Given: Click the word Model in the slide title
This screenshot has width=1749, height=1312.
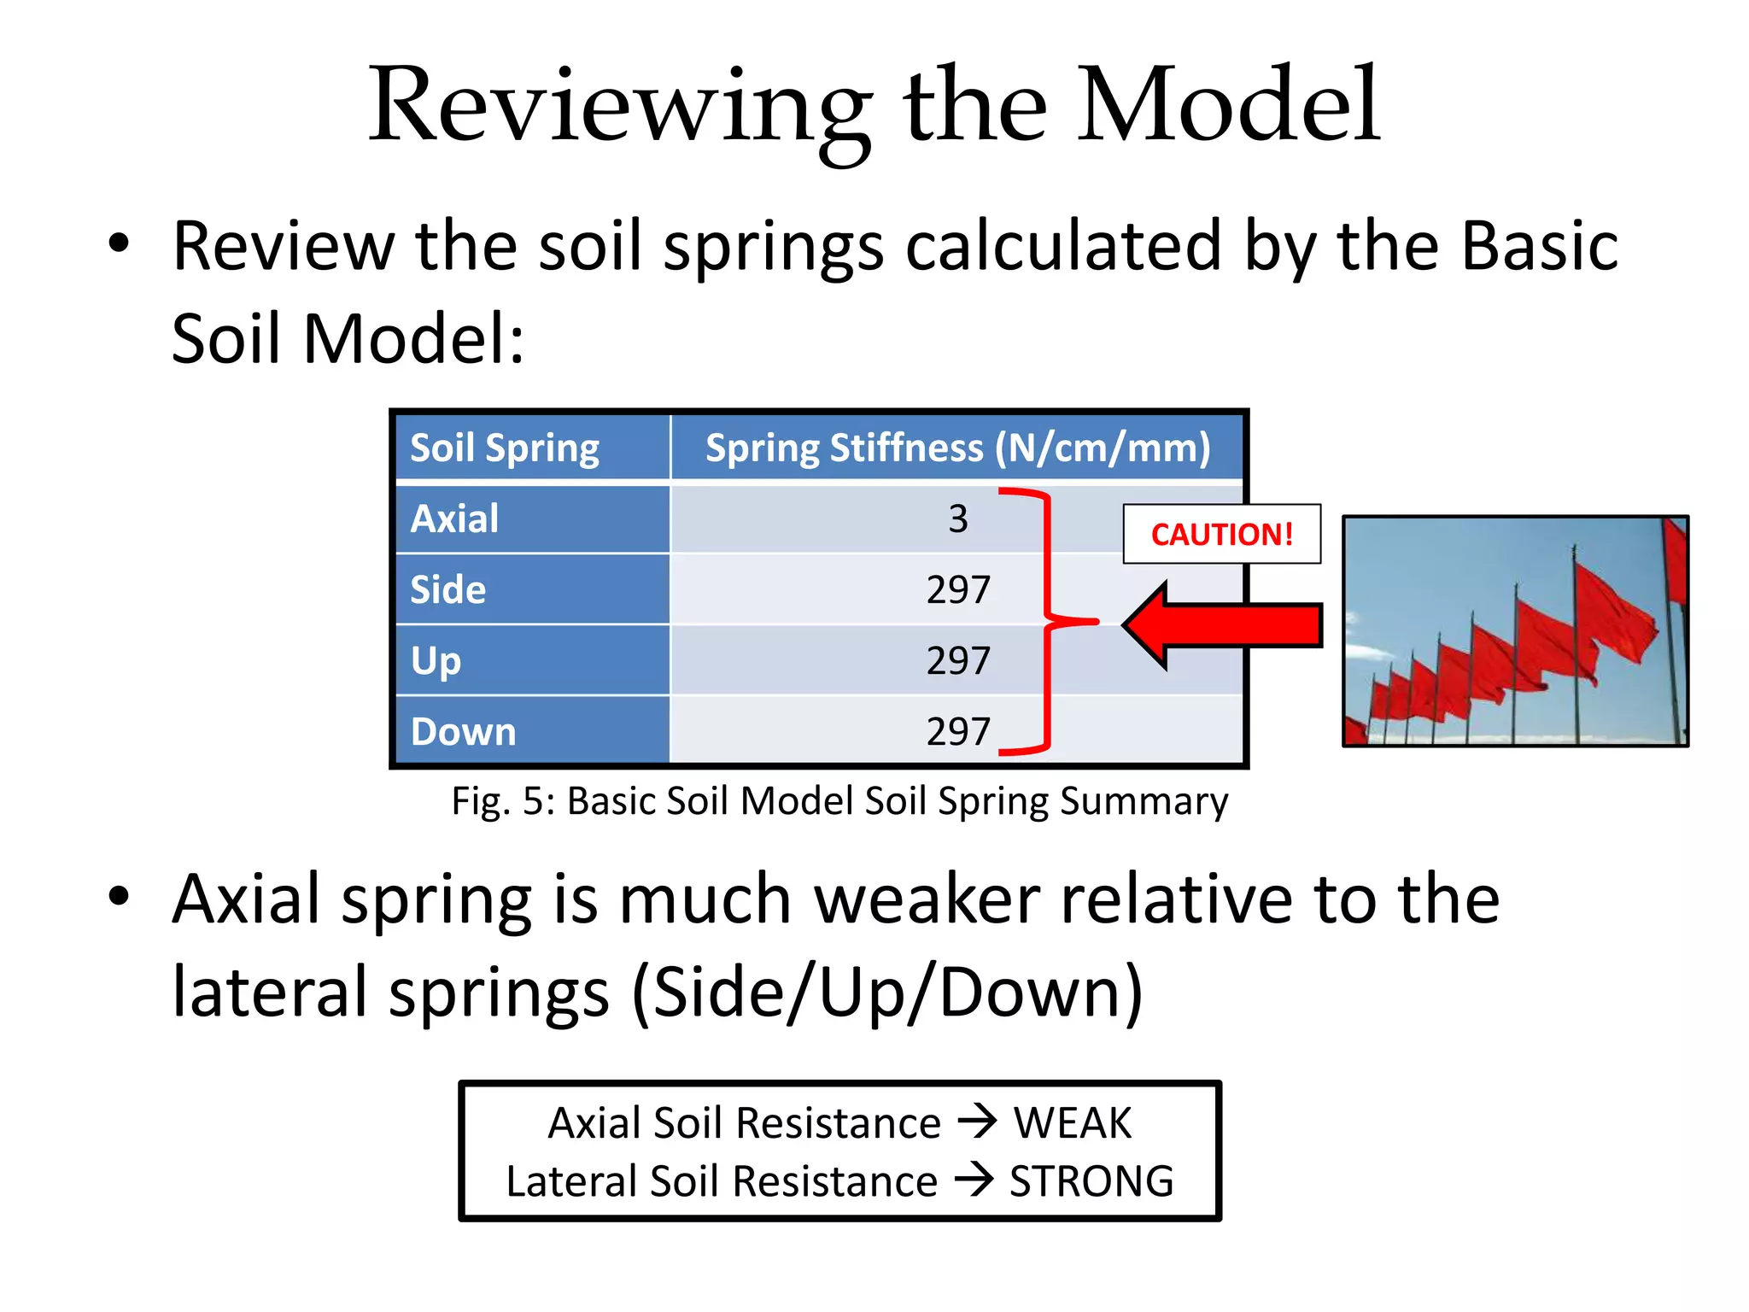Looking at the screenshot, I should point(1227,106).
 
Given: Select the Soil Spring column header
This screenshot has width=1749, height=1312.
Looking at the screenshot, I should point(505,448).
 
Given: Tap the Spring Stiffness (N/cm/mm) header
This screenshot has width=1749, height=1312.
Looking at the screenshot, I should point(957,448).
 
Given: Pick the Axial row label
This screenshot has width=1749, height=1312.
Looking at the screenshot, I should point(454,518).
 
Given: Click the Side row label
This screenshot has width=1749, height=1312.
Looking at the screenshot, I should point(447,589).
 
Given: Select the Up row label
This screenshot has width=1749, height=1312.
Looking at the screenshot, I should point(436,661).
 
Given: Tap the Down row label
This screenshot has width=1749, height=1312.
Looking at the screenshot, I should point(463,732).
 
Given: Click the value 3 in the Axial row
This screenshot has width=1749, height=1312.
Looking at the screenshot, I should point(958,519).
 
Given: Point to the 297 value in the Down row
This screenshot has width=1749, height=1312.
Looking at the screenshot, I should point(958,732).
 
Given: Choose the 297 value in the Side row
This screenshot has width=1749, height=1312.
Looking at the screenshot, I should point(958,590).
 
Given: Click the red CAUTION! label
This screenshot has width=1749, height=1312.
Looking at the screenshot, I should point(1221,535).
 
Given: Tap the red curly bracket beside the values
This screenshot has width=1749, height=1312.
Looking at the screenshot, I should point(1045,622).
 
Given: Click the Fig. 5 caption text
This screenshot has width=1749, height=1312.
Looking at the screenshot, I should point(839,801).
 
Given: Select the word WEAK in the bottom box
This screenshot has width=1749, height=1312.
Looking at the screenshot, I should point(1072,1122).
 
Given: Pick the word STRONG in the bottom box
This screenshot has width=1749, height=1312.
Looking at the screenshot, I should point(1091,1181).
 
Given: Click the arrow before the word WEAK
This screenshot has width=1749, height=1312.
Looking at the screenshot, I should point(977,1121).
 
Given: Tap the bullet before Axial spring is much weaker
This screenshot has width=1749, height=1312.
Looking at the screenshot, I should point(119,896).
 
